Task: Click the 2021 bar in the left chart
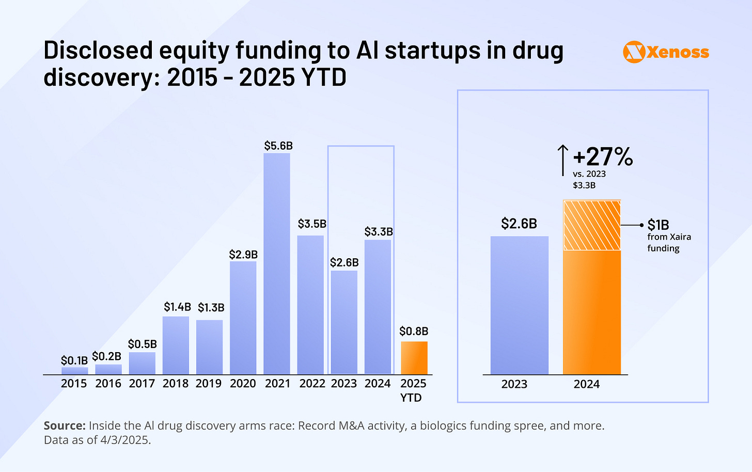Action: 277,263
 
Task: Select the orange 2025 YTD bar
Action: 414,358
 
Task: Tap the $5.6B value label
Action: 278,146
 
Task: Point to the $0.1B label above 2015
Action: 74,360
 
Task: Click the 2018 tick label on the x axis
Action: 176,384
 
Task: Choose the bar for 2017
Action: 142,363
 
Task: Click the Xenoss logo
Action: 666,52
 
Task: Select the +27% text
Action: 603,156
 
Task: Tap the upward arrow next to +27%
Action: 563,160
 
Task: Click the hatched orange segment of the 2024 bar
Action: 592,225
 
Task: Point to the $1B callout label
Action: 658,225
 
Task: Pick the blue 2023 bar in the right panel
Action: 519,305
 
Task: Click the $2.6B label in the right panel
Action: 519,224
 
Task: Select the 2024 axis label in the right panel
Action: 587,384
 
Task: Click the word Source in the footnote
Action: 64,426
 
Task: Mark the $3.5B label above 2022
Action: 312,224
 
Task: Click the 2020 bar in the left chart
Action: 243,318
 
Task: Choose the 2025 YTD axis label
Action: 413,390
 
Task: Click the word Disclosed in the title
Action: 98,51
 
